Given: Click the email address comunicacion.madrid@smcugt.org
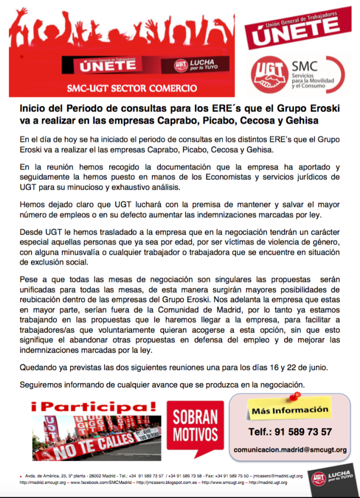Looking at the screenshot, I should tap(290, 451).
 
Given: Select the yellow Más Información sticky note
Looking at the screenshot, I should tap(290, 410).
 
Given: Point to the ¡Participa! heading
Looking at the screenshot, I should tap(94, 406).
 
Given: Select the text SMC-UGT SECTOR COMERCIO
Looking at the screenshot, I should tap(132, 88).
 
